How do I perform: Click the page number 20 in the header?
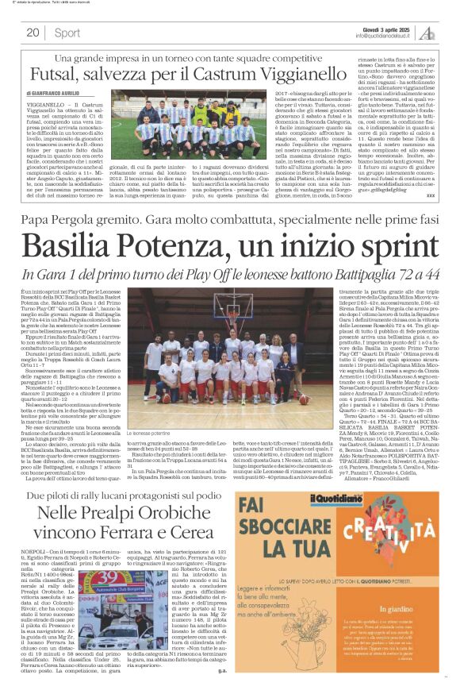click(x=33, y=33)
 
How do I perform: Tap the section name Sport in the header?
click(x=67, y=33)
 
